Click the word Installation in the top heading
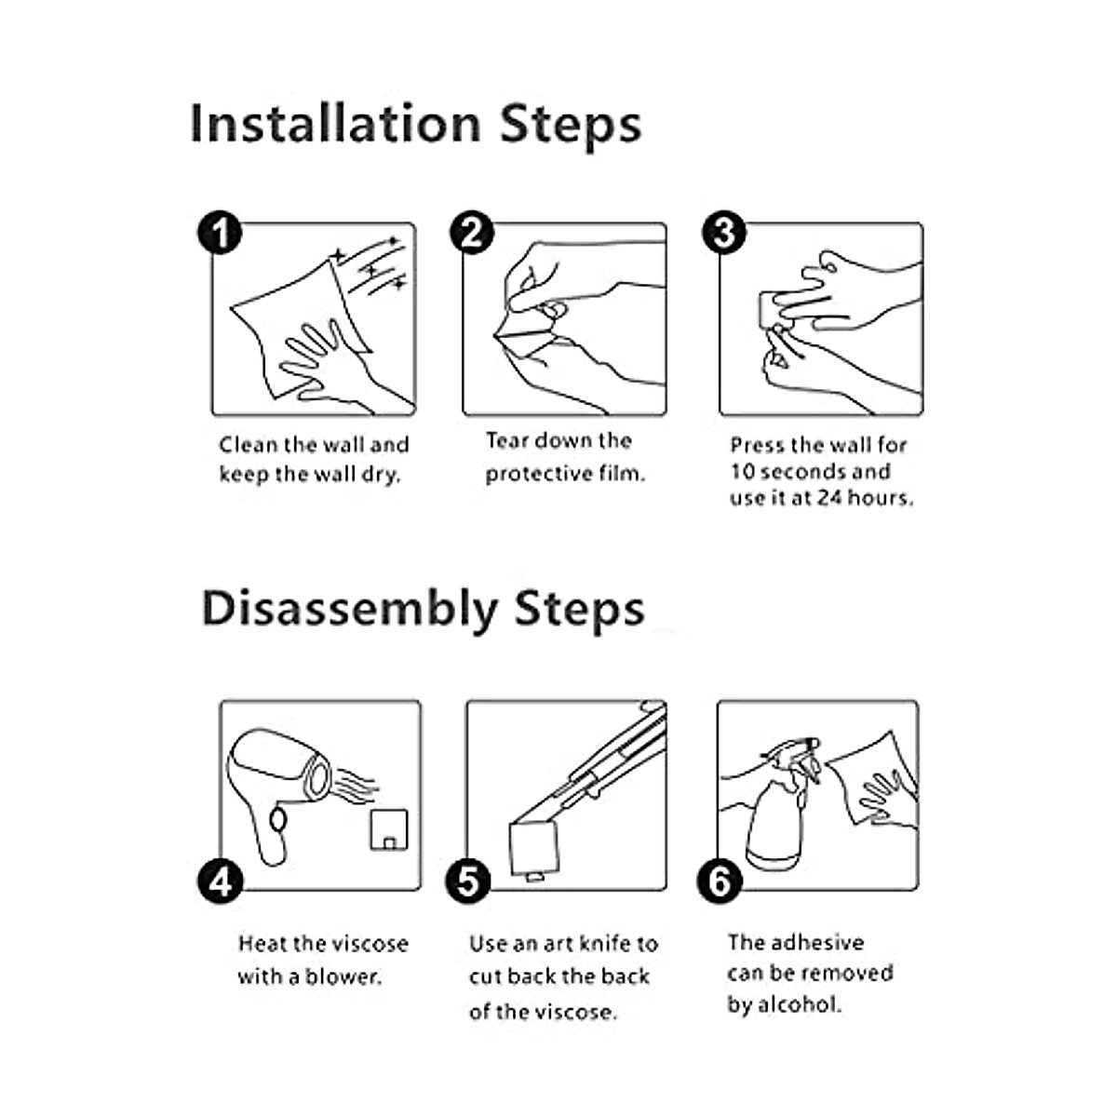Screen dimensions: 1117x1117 [336, 123]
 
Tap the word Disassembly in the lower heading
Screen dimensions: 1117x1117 [350, 610]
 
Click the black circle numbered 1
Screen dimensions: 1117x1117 [220, 232]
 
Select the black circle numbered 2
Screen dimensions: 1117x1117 [472, 232]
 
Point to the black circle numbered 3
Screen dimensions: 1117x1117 [724, 232]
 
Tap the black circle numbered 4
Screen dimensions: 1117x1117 [220, 881]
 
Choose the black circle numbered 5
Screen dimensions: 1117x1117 [468, 881]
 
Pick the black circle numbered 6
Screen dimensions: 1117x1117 [720, 881]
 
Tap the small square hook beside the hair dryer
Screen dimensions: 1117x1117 [389, 830]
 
